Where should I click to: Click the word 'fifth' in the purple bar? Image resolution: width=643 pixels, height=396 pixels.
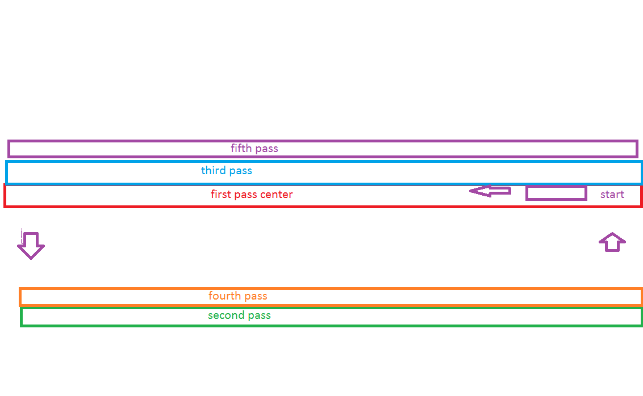pos(241,149)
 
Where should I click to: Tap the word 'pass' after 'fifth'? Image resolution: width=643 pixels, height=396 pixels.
pos(266,149)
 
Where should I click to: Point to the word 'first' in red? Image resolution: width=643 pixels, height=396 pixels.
pos(221,195)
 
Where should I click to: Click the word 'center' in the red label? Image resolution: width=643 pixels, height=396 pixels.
pos(275,195)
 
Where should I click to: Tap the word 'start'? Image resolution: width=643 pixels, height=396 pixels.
pos(612,195)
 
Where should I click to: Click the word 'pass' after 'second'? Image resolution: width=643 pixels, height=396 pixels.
pos(258,316)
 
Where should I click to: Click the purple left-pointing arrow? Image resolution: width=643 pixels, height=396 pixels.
pos(490,192)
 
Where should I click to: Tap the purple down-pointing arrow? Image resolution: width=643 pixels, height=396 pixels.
pos(31,245)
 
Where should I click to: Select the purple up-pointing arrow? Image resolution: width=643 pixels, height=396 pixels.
pos(612,242)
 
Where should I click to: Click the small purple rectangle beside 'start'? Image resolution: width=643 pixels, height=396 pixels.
pos(556,193)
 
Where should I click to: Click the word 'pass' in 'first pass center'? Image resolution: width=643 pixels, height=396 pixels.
pos(247,195)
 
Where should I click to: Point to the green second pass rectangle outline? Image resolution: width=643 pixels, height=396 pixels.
pos(398,325)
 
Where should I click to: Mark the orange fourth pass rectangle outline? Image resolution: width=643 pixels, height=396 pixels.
pos(398,289)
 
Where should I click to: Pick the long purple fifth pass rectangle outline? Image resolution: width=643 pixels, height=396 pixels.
pos(398,141)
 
